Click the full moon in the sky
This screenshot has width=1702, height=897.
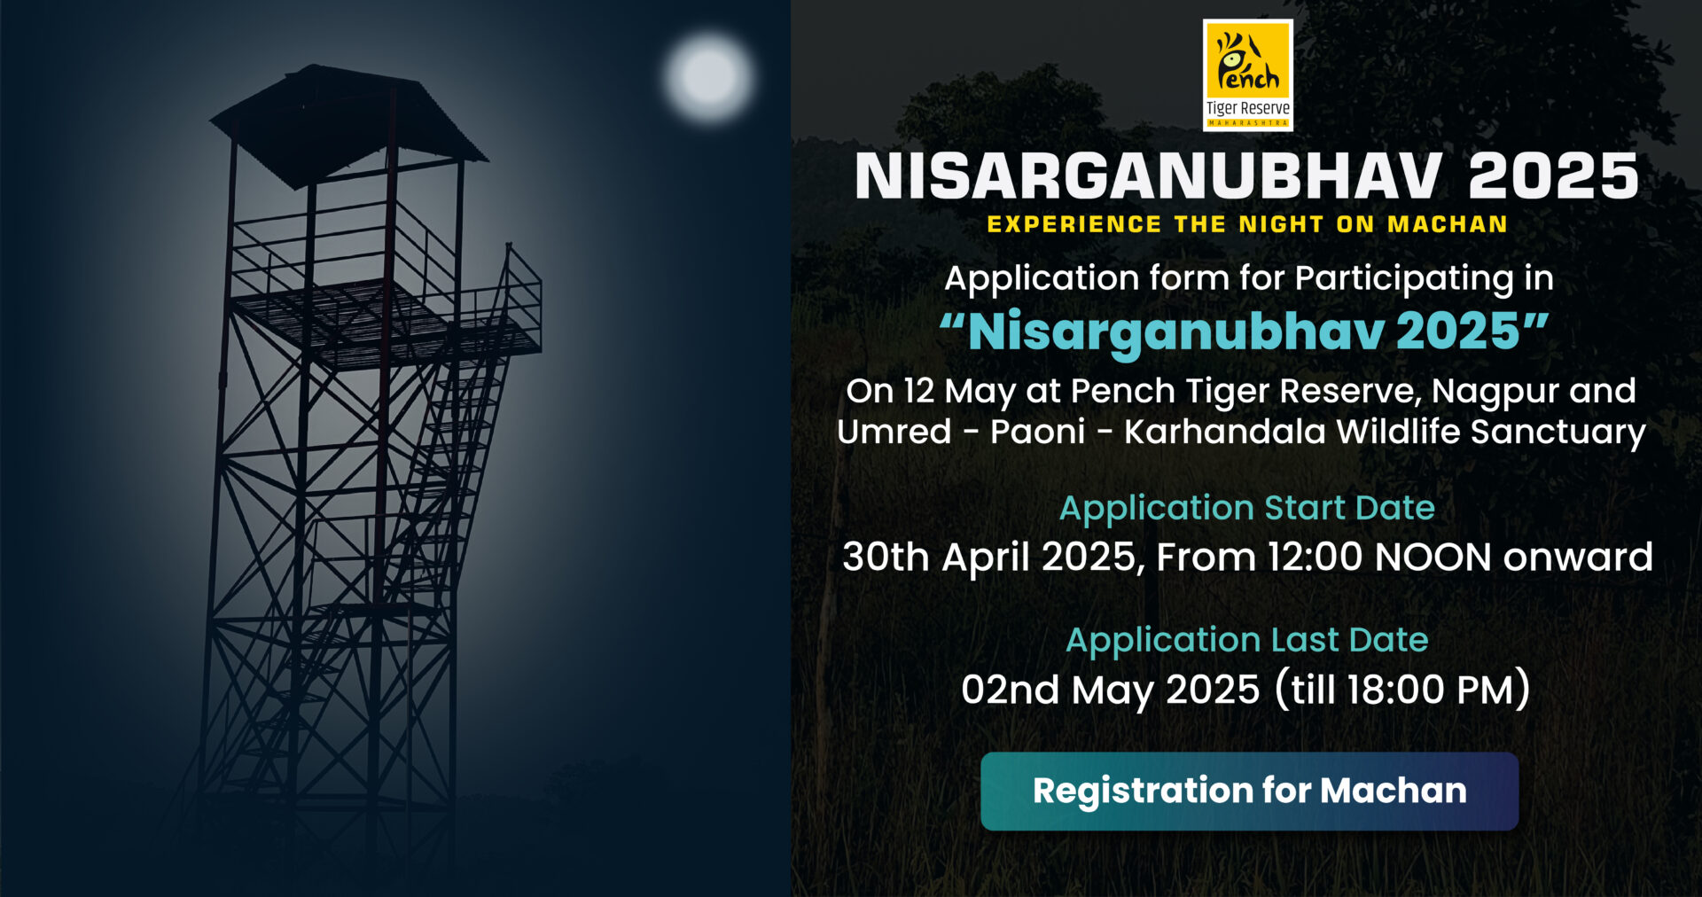tap(708, 77)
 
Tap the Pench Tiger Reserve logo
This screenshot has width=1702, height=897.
tap(1247, 75)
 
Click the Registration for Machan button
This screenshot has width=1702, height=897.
tap(1249, 791)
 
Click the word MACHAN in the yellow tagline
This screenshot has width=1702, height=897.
tap(1448, 224)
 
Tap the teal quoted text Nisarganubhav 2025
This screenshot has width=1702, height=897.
tap(1244, 331)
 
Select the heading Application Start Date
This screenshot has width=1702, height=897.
tap(1247, 508)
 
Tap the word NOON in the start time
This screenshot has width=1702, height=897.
tap(1433, 558)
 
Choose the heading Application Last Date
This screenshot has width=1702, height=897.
tap(1247, 640)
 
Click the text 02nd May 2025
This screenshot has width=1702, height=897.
tap(1111, 690)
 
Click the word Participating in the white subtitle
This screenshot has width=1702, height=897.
tap(1404, 279)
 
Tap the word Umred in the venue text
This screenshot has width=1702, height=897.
tap(894, 432)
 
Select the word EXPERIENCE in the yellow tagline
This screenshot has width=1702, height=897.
tap(1074, 224)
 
